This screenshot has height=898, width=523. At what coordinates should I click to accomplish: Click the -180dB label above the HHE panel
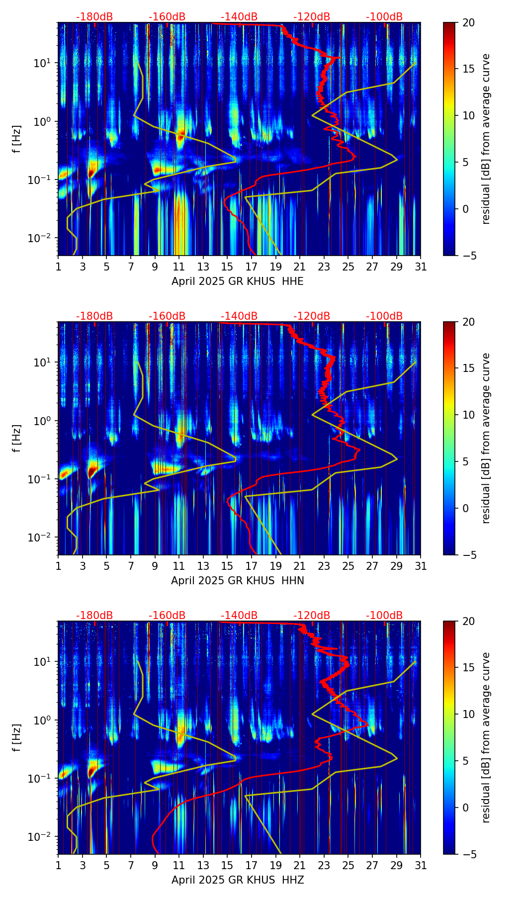(94, 17)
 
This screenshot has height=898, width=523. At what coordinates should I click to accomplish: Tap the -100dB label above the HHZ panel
(384, 616)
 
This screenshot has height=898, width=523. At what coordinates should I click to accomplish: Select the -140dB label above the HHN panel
(239, 316)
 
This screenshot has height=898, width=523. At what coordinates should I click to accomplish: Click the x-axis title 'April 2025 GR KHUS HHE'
(238, 281)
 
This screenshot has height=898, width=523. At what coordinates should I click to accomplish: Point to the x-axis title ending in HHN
(238, 581)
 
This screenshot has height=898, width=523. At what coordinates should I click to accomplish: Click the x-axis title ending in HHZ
(238, 880)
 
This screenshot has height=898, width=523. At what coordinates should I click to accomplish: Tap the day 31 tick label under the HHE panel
(421, 267)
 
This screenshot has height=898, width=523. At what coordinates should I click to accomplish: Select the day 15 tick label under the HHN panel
(227, 566)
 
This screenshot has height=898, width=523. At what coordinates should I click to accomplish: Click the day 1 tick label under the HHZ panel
(58, 865)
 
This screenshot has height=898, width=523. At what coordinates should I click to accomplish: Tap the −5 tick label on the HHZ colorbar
(467, 854)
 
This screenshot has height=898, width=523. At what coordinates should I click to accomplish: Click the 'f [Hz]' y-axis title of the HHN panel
(17, 438)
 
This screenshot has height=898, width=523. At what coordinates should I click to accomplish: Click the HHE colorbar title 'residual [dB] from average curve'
(486, 139)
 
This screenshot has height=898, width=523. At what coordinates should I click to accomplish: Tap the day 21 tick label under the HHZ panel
(300, 865)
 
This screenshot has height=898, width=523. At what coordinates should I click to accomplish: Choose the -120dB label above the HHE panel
(312, 17)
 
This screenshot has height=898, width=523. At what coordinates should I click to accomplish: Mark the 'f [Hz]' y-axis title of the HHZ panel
(17, 737)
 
